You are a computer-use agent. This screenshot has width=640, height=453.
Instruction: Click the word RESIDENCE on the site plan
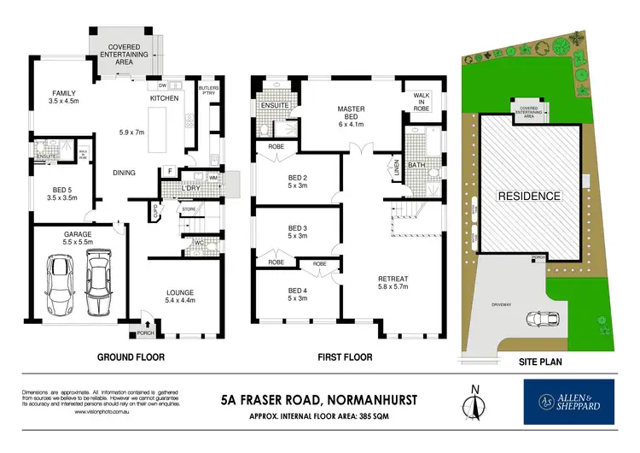pyautogui.click(x=529, y=196)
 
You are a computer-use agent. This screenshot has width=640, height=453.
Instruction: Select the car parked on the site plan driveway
pyautogui.click(x=538, y=318)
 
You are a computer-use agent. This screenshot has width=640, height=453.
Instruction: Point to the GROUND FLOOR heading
pyautogui.click(x=131, y=356)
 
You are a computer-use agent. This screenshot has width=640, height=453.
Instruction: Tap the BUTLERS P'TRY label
pyautogui.click(x=208, y=91)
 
